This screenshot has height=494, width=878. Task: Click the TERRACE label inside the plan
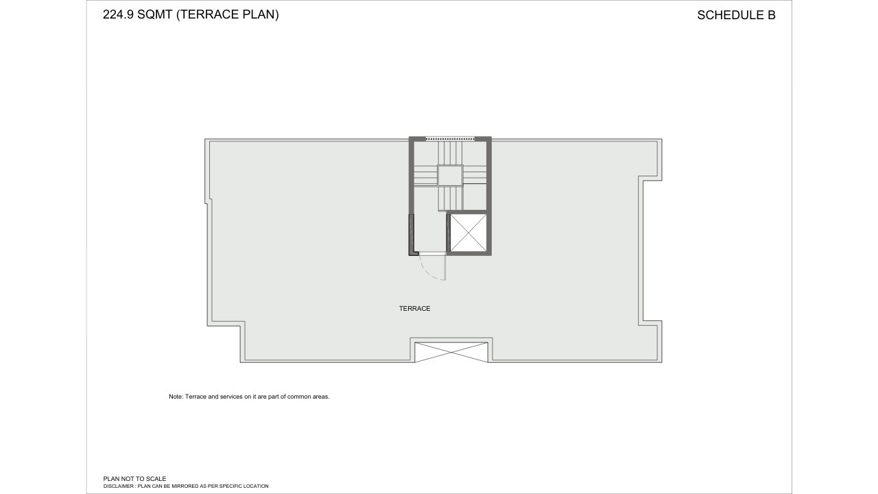414,309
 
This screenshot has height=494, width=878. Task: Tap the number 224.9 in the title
118,14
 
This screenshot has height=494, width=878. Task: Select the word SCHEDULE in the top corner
727,15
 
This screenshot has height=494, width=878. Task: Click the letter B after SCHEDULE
771,15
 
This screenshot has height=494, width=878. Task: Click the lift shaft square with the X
468,233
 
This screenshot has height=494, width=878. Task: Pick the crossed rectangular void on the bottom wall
450,351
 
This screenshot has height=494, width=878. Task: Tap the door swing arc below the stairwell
431,269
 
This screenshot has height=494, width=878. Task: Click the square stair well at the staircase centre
450,176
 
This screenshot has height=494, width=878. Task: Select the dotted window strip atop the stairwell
450,139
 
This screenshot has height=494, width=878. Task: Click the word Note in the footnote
176,397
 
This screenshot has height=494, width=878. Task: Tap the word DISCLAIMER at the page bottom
118,486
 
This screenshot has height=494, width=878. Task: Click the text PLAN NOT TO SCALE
134,479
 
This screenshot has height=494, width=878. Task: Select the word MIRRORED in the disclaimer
183,486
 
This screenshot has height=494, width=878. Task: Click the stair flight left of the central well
425,176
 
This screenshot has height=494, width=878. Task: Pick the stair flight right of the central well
475,176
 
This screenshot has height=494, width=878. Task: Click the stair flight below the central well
450,198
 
